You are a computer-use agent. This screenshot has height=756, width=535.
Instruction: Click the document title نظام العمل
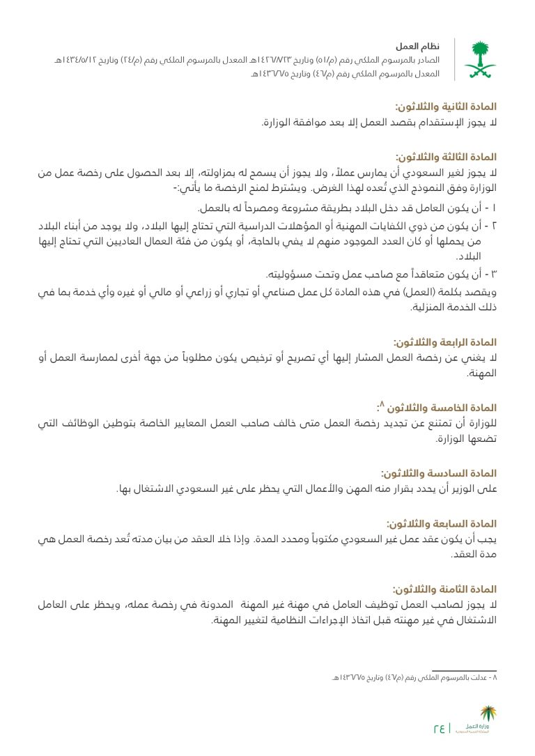(417, 47)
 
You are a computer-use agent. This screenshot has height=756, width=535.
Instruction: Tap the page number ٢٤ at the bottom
(440, 729)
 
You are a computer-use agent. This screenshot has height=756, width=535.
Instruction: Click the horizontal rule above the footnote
(464, 670)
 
